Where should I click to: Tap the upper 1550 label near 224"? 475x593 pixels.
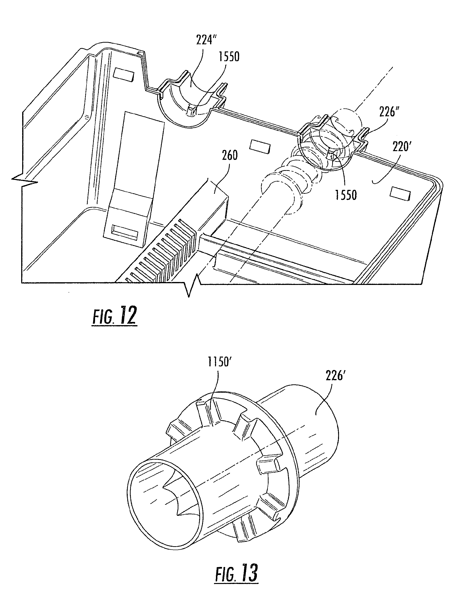[229, 57]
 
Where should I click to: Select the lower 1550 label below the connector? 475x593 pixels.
[346, 195]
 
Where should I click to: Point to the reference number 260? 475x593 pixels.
[230, 156]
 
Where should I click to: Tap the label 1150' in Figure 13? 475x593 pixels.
[218, 362]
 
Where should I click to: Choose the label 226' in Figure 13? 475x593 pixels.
[335, 375]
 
